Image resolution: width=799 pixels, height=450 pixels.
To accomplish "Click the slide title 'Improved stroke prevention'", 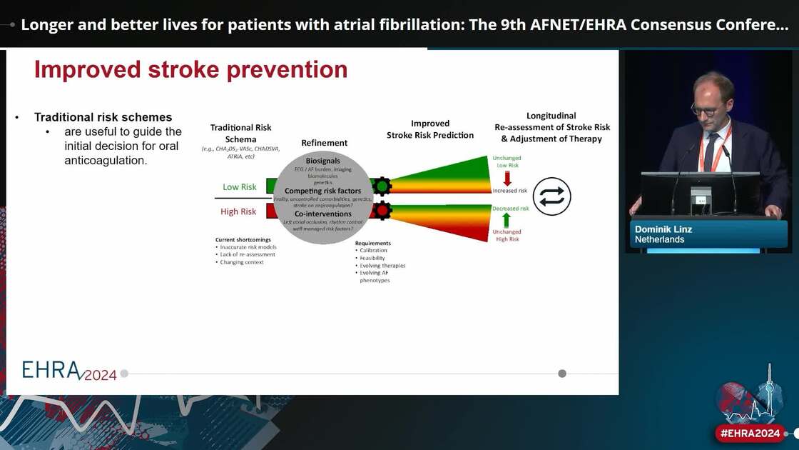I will tap(190, 70).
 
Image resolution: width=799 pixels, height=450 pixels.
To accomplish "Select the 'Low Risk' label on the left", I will tap(239, 187).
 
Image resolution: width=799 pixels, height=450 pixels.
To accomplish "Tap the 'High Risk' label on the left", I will tap(238, 211).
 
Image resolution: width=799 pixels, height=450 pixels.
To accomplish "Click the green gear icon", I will tap(382, 186).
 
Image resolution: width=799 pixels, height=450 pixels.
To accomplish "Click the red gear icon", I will tap(382, 211).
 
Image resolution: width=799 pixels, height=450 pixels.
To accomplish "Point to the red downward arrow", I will tap(507, 179).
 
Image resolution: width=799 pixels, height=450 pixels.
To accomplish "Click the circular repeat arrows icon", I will tap(551, 196).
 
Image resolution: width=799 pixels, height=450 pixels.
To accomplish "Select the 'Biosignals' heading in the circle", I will tap(323, 161).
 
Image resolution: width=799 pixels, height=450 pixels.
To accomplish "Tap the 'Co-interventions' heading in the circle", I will tap(323, 214).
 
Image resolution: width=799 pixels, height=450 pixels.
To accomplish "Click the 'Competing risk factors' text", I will tap(323, 191).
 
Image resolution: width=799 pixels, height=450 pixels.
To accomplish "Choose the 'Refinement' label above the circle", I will tap(325, 143).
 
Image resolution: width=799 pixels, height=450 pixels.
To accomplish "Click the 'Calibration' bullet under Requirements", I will tap(374, 251).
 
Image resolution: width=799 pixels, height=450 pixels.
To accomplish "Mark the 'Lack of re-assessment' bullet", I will tap(248, 255).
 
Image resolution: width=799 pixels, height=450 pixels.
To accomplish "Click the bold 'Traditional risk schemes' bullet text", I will tap(103, 117).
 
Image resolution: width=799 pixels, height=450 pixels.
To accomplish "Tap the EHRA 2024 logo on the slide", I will tap(68, 370).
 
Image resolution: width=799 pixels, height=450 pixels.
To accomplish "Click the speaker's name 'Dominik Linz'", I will tap(663, 229).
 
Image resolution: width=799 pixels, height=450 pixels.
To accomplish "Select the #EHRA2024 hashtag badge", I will tap(750, 433).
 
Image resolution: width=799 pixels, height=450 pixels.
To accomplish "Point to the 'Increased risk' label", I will tap(509, 191).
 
